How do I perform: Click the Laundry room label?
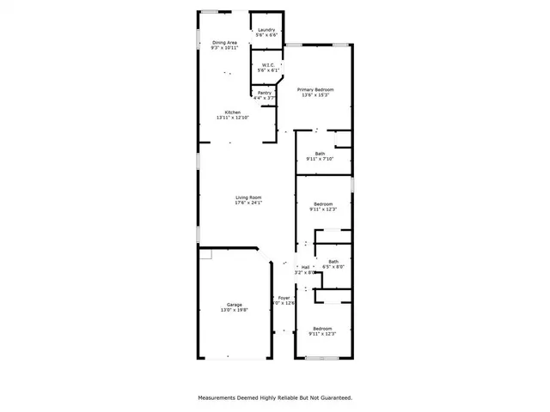click(266, 30)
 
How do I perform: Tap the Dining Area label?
click(224, 42)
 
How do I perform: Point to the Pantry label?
click(265, 93)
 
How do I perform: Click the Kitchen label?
click(233, 112)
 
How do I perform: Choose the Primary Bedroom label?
click(315, 89)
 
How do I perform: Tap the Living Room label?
click(248, 198)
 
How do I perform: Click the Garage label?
click(235, 305)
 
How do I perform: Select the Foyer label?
click(284, 298)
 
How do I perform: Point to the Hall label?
click(305, 268)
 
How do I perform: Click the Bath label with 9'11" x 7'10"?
click(320, 154)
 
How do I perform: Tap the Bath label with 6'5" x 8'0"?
click(333, 261)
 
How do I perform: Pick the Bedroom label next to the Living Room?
click(322, 203)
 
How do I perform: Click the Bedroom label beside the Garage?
click(322, 329)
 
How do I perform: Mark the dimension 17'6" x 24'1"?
click(248, 203)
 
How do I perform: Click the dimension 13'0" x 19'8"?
click(235, 310)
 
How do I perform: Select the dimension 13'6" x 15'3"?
click(315, 94)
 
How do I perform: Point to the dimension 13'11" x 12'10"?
click(233, 118)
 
